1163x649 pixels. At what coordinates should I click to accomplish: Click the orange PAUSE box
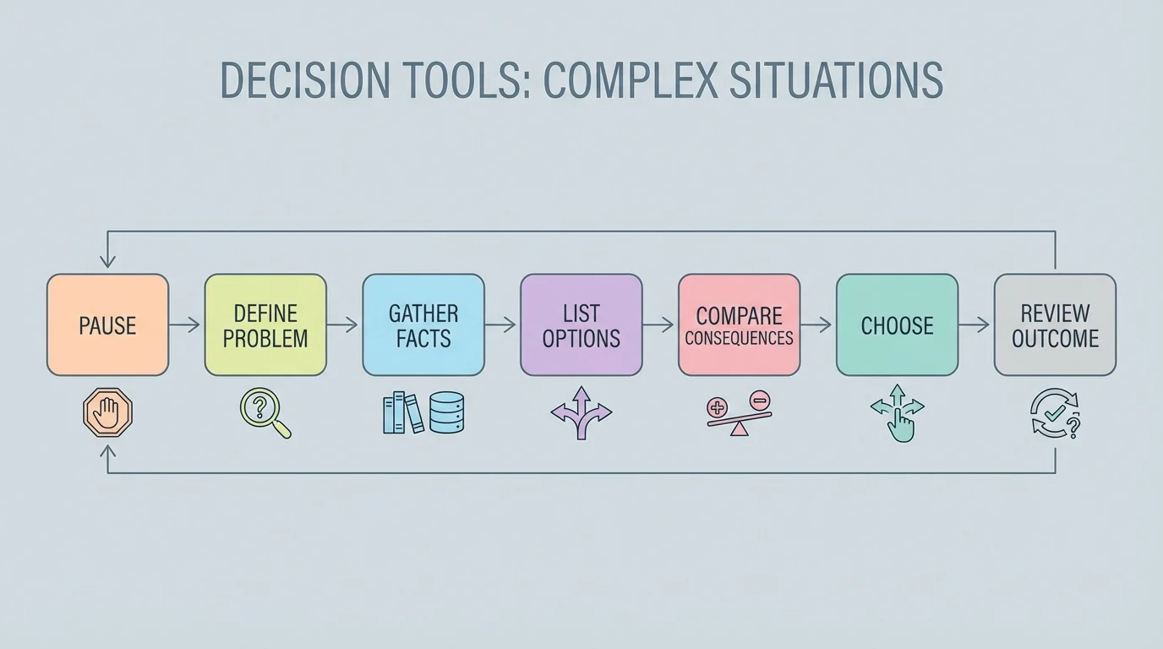click(x=107, y=324)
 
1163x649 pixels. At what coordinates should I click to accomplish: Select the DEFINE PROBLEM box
click(x=265, y=324)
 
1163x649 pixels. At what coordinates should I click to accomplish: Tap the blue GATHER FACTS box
click(x=423, y=324)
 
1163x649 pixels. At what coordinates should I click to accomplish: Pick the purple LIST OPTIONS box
click(x=581, y=324)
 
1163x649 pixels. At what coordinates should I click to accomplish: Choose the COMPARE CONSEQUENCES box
click(x=739, y=324)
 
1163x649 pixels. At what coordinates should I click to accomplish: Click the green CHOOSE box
click(x=897, y=324)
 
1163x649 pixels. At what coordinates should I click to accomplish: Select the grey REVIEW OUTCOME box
click(x=1055, y=324)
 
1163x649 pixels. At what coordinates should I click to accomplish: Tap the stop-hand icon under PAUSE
click(x=108, y=413)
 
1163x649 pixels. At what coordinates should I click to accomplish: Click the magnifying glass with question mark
click(x=265, y=412)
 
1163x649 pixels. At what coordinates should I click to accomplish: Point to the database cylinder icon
click(x=446, y=413)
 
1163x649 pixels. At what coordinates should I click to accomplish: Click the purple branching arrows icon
click(x=581, y=412)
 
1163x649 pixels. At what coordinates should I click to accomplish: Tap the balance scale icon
click(x=739, y=413)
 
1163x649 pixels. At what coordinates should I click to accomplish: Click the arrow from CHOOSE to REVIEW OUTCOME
click(x=975, y=324)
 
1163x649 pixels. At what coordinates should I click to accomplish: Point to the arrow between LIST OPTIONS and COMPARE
click(x=659, y=324)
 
